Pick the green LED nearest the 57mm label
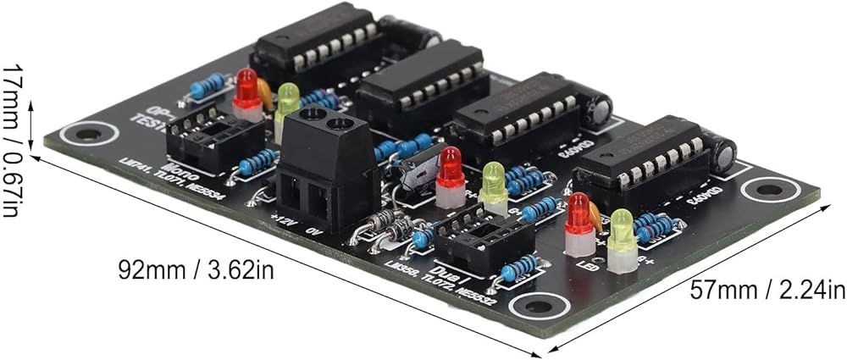coord(622,238)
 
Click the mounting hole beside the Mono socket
coord(86,134)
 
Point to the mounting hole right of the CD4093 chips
coord(769,189)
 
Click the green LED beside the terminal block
coord(288,106)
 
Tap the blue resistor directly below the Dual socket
coord(518,269)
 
